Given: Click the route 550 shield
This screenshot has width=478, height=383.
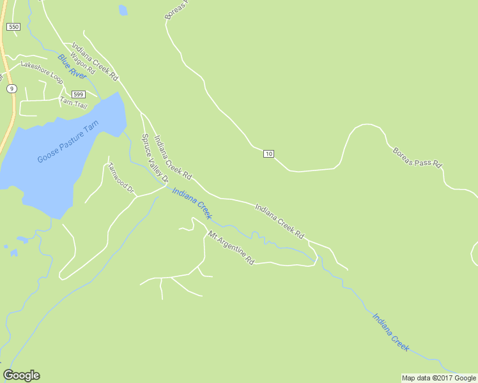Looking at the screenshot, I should (x=13, y=27).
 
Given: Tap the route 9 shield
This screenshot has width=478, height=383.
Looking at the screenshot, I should (x=12, y=88).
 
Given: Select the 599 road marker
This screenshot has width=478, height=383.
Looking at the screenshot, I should (x=78, y=94).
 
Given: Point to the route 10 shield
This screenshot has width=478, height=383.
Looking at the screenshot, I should (x=268, y=154).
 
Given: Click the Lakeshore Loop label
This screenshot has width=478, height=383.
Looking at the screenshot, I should (x=42, y=72).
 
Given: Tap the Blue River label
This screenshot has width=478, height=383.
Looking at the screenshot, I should (x=72, y=66).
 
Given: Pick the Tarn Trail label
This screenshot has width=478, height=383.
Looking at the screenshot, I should (x=73, y=102).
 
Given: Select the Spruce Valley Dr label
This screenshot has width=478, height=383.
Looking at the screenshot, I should (x=154, y=157).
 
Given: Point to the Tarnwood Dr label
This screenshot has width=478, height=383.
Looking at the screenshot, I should (x=121, y=177).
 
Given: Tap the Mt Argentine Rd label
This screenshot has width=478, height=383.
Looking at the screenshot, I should (x=231, y=248).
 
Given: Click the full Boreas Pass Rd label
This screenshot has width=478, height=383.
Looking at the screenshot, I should (x=417, y=156).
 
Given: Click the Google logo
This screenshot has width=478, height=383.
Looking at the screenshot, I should (x=21, y=375).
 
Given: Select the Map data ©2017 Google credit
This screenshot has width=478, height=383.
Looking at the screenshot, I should (x=438, y=378).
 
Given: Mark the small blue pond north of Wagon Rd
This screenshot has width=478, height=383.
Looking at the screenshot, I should (x=123, y=10).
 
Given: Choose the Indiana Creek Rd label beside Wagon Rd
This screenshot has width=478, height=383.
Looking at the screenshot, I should (x=95, y=61).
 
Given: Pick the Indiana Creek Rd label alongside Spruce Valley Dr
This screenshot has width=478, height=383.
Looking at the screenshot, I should (x=173, y=156).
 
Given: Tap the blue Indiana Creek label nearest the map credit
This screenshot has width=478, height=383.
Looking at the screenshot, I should (x=390, y=331).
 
